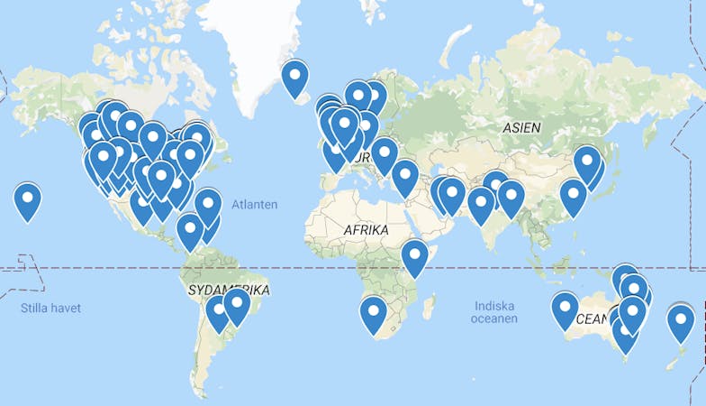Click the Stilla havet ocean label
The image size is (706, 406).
50,309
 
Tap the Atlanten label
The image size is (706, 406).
254,205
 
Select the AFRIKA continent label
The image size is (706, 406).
366,231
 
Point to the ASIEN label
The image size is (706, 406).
521,128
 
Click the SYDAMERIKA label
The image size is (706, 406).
229,290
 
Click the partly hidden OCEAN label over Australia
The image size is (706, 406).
592,318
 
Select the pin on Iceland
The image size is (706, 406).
294,76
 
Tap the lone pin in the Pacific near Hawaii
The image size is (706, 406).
28,198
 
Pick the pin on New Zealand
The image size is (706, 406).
680,320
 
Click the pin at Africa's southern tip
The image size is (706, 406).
373,313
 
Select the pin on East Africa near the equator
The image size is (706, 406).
414,255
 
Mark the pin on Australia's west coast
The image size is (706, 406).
565,308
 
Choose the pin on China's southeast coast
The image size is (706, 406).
573,195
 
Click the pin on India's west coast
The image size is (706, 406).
481,203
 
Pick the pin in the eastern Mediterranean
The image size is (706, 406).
404,175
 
